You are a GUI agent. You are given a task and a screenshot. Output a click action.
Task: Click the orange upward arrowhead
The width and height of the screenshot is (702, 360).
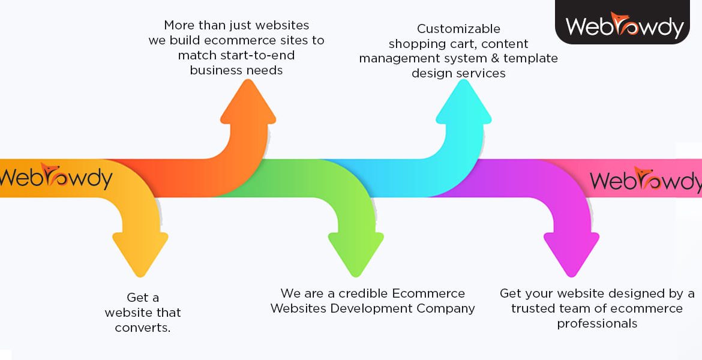(x=248, y=105)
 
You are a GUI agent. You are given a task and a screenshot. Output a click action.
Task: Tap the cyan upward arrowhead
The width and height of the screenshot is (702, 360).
(x=463, y=105)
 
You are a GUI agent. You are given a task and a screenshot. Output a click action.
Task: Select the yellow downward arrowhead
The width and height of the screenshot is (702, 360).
(x=140, y=252)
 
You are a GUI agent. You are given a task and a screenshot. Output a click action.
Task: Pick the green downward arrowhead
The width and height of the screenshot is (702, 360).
(x=356, y=252)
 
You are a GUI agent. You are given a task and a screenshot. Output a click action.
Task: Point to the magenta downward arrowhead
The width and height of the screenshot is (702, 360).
(x=571, y=252)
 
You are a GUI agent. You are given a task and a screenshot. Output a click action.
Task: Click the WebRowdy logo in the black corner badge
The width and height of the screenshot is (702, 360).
(x=624, y=25)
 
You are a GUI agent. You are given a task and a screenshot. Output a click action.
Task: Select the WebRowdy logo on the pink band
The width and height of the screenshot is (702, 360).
(x=646, y=179)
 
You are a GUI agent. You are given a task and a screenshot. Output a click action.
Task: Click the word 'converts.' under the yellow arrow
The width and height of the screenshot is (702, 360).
(x=143, y=328)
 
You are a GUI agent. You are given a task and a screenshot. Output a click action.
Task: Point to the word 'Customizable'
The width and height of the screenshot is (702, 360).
(x=458, y=29)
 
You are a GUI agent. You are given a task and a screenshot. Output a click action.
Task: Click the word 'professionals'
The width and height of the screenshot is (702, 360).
(x=597, y=323)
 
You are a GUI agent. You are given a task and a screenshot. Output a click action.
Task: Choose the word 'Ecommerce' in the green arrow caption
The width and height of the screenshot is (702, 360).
(x=428, y=293)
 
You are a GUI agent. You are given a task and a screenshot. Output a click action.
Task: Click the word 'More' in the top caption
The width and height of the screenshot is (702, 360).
(x=179, y=25)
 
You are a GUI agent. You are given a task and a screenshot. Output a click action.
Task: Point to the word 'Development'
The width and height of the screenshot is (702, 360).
(x=365, y=308)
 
